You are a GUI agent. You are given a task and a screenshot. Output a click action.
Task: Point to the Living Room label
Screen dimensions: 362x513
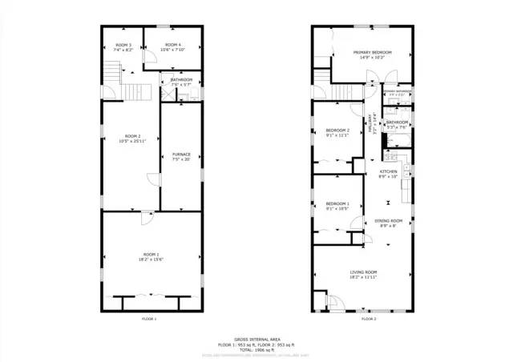[x=363, y=272]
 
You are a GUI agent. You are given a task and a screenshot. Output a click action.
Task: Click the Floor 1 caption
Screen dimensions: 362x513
[x=148, y=320]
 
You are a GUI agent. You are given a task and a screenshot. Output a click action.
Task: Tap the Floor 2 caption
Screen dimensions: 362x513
[x=368, y=320]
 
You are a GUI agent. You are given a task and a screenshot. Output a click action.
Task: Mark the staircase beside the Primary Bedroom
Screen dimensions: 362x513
[x=322, y=78]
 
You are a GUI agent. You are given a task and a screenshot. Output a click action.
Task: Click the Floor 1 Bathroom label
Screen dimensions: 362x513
[x=181, y=80]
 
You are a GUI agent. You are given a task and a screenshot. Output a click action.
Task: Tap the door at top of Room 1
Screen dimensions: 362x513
[x=147, y=217]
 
